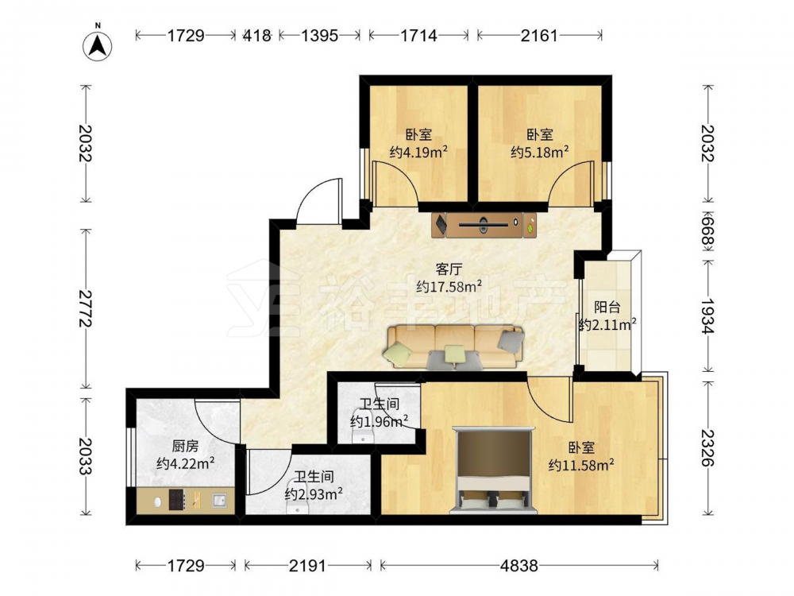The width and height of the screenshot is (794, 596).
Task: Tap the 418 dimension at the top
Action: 257,36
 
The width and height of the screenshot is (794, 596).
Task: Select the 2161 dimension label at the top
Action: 539,36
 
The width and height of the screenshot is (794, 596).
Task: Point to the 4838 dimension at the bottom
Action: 519,565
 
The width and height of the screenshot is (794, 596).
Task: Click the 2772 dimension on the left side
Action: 85,308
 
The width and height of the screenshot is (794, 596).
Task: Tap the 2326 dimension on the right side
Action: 707,448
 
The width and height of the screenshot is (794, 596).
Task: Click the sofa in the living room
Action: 454,346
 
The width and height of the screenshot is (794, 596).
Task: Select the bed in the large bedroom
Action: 494,469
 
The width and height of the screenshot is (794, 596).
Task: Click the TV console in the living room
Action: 484,225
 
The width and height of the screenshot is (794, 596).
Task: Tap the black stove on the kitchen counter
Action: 176,499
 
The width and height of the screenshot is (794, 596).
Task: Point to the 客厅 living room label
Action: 449,269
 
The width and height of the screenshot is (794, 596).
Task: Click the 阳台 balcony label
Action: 607,307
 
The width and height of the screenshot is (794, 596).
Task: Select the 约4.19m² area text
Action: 418,152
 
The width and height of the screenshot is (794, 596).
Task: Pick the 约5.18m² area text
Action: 539,152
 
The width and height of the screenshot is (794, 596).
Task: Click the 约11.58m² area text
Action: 581,464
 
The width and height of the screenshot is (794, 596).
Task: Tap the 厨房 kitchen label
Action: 185,446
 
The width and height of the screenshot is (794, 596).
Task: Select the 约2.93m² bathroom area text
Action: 314,493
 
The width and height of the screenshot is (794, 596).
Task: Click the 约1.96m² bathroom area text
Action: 380,421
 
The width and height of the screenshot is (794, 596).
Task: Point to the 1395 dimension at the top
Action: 319,36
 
